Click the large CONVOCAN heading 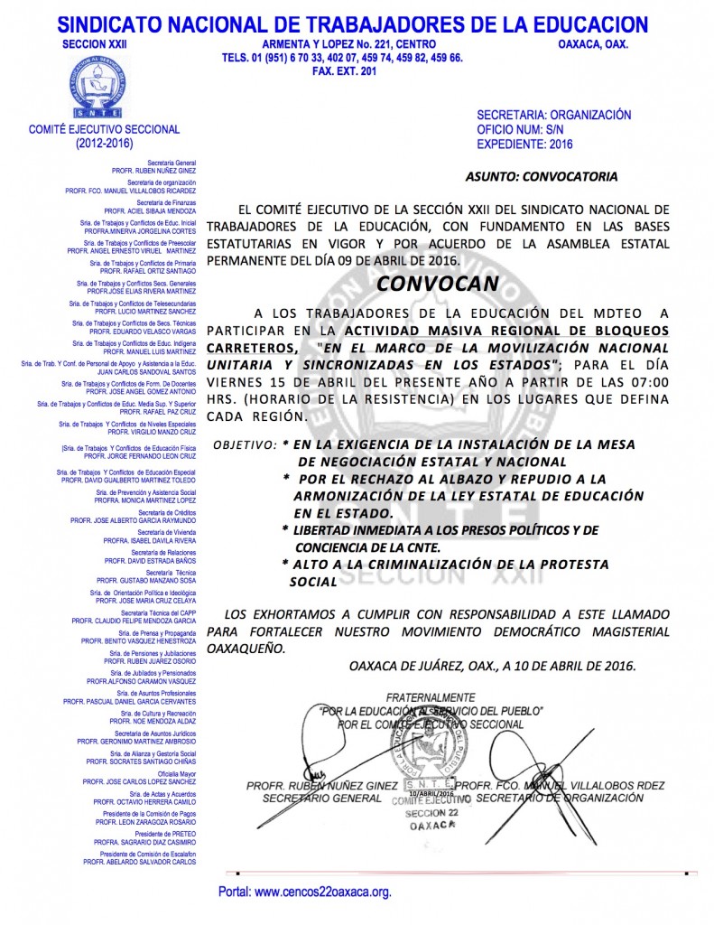437,283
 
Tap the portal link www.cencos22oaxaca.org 305,892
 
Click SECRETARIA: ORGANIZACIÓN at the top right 553,116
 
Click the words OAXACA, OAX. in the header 593,43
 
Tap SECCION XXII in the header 97,43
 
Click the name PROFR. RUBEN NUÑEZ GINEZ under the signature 320,787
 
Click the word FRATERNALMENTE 430,698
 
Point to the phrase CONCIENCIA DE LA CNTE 366,547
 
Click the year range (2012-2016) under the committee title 104,143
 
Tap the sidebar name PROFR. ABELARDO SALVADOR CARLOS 140,862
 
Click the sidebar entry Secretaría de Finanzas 166,203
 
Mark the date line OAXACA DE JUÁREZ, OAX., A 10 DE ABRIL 492,666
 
